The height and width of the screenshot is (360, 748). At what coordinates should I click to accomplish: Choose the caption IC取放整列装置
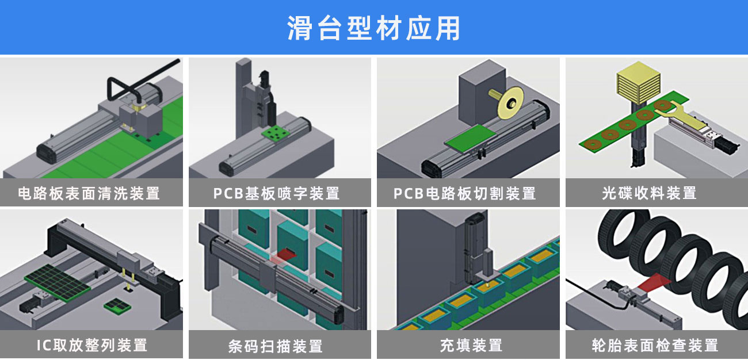point(91,345)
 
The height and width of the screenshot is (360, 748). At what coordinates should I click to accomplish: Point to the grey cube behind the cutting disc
point(481,94)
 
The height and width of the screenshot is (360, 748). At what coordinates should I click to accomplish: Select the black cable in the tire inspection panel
point(587,288)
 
